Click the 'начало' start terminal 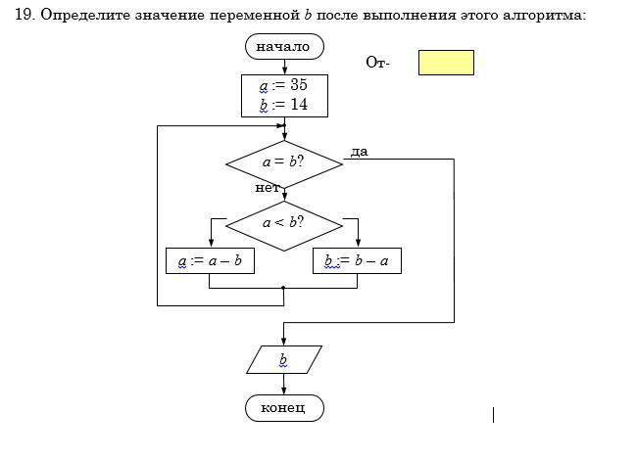coord(283,46)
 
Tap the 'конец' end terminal coord(283,407)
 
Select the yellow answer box coord(446,63)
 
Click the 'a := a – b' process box coord(210,261)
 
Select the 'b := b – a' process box coord(357,261)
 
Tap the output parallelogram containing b coord(283,360)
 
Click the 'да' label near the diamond coord(359,152)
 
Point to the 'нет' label coord(267,187)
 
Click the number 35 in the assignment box coord(299,85)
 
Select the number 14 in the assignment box coord(299,105)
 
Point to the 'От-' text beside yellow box coord(377,63)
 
